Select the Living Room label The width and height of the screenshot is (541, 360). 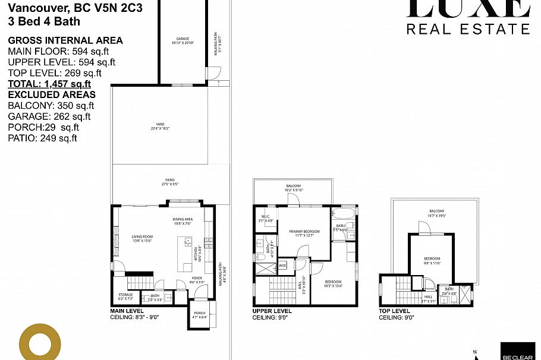click(x=142, y=238)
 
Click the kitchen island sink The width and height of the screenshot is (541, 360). click(x=188, y=242)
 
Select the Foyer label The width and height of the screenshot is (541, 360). click(x=197, y=279)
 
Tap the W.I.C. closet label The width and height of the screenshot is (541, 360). click(x=266, y=218)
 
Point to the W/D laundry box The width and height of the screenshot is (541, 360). click(x=282, y=266)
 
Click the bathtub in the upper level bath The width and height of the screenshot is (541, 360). click(x=344, y=214)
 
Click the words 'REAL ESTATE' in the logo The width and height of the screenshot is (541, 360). click(x=468, y=29)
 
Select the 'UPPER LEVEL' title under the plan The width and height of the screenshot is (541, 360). click(x=272, y=311)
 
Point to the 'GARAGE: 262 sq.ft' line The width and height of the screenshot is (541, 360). click(x=49, y=116)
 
